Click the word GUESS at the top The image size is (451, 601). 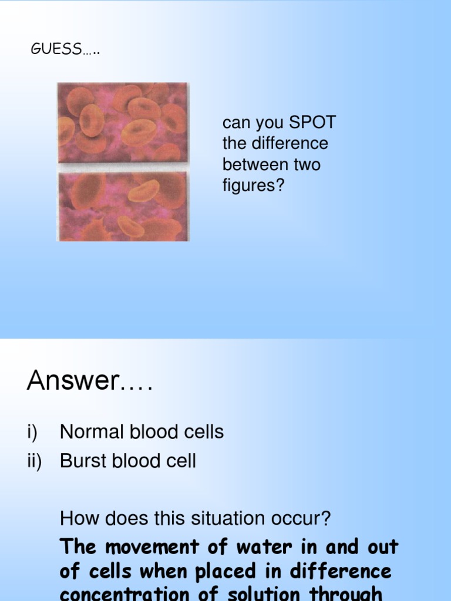coord(56,50)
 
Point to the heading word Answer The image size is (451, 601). coord(72,381)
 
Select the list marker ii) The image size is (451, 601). coord(34,461)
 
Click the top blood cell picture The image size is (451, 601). coord(122,122)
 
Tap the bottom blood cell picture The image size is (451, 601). coord(122,207)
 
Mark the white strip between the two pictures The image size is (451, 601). coord(122,167)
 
